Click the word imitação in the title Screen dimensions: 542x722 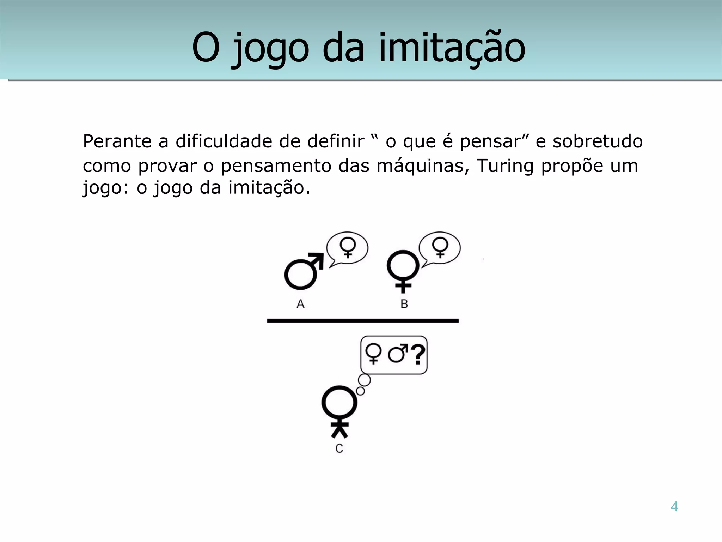452,48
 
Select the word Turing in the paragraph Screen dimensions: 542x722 505,166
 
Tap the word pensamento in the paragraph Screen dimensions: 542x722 276,167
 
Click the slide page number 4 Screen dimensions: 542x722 674,507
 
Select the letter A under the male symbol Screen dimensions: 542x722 300,304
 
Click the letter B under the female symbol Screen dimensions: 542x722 404,304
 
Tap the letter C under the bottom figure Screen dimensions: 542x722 339,448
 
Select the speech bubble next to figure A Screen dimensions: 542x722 347,248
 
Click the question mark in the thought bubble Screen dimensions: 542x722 418,355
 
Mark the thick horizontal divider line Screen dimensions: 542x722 363,321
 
